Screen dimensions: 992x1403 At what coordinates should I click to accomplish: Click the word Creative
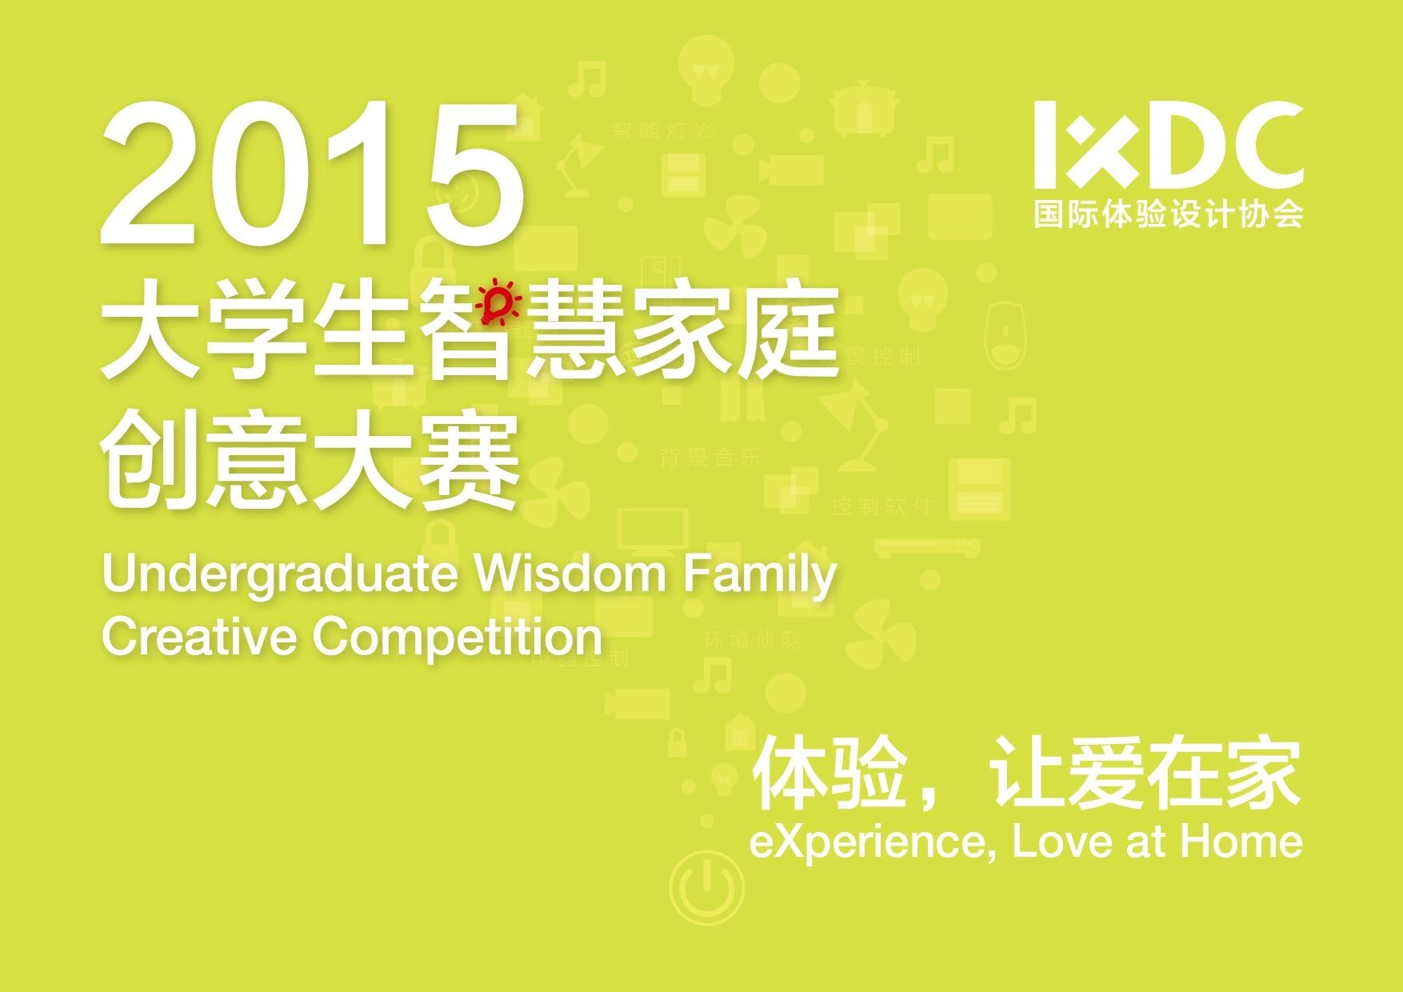click(200, 637)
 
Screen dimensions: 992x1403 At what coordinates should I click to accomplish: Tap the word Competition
click(458, 638)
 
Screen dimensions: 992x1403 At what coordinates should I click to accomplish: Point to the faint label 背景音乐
click(710, 458)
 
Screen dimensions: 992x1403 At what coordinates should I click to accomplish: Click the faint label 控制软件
click(882, 506)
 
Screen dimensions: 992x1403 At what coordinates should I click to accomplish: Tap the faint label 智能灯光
click(663, 130)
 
